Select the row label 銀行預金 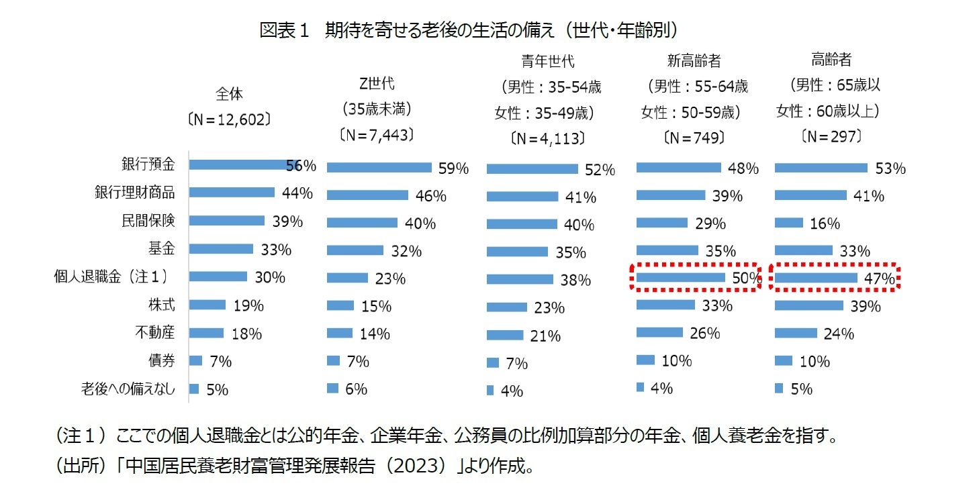[148, 164]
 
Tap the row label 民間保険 [148, 221]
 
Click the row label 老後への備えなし [128, 389]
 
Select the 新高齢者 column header [694, 61]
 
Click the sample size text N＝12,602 [229, 119]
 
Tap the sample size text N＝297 [831, 137]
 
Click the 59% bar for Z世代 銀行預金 [379, 168]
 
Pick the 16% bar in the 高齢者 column [789, 223]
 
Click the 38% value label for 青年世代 [575, 281]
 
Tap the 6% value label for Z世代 [356, 389]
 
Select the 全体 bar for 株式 [207, 305]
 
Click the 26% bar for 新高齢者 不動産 [659, 332]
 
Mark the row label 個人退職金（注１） [111, 276]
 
